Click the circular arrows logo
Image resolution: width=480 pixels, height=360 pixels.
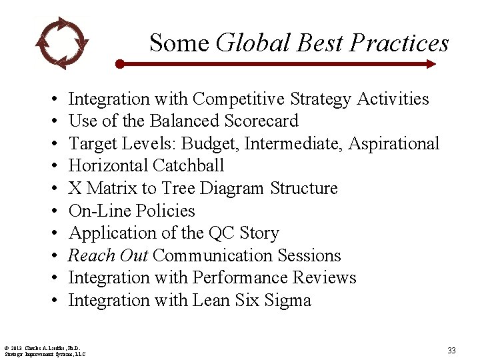tap(61, 42)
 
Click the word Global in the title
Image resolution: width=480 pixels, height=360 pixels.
tap(254, 43)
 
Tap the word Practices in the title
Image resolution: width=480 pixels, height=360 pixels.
tap(399, 43)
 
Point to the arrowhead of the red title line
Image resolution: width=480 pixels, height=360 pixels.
tap(431, 64)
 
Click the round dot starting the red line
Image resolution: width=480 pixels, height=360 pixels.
tap(119, 64)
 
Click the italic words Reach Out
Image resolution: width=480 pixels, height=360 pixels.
tap(108, 256)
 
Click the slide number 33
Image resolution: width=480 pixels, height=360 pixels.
tap(451, 350)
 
